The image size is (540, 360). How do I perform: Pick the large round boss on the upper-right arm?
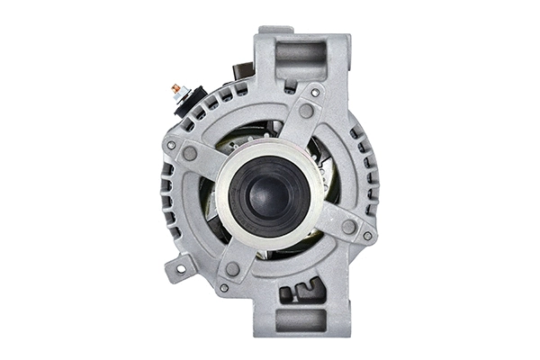[307, 112]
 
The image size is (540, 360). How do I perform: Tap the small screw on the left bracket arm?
[171, 145]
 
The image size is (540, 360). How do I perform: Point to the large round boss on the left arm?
[191, 154]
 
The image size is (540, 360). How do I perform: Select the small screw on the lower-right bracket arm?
[367, 236]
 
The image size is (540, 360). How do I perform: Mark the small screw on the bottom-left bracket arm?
[223, 288]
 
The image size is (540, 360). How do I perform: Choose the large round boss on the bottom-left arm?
[232, 268]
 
